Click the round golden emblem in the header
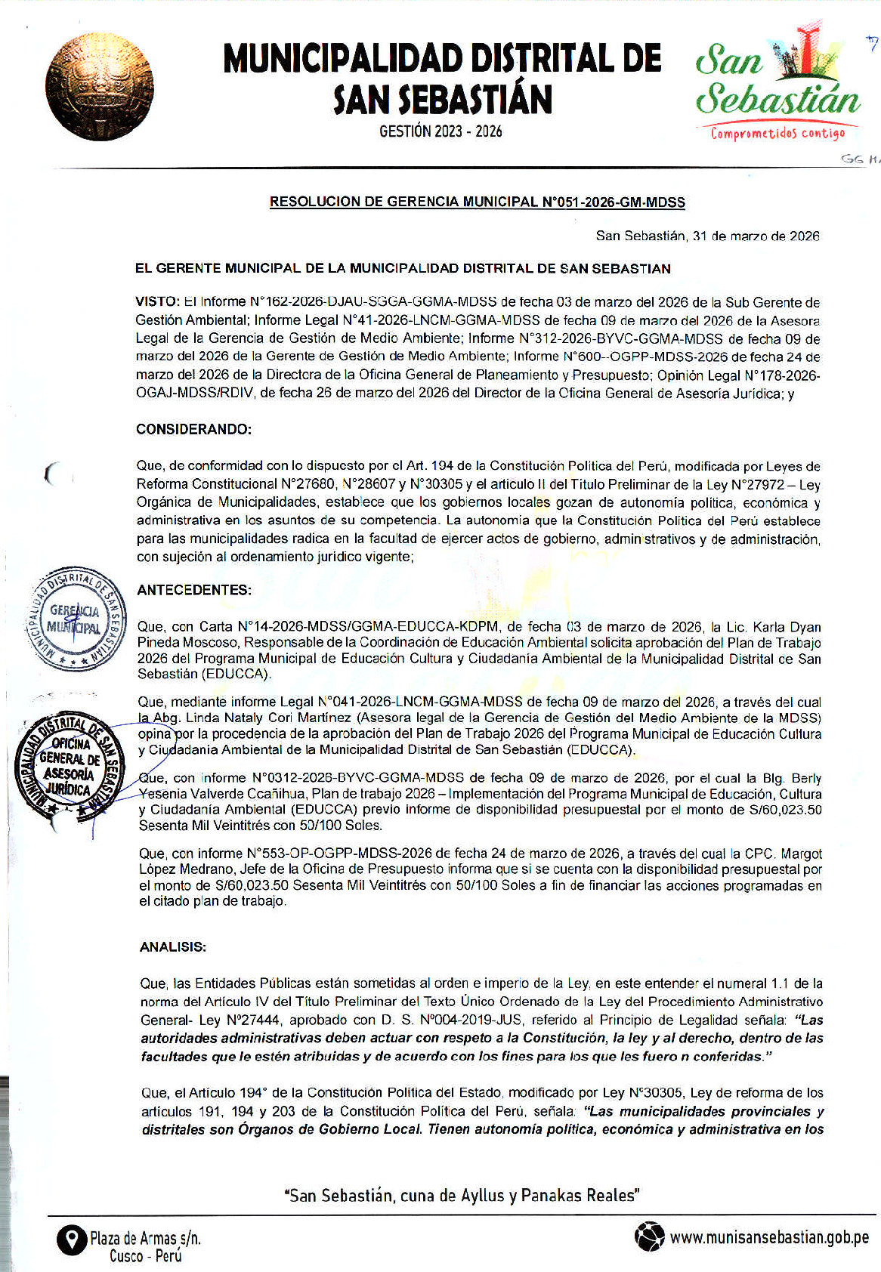click(x=99, y=87)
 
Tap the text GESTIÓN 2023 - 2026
click(x=440, y=131)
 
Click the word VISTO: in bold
click(x=158, y=302)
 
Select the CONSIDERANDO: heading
click(x=193, y=429)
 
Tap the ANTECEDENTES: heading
click(x=194, y=590)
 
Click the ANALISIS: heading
click(x=173, y=947)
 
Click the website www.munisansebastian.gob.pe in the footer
click(x=769, y=1237)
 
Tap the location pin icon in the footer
click(x=72, y=1240)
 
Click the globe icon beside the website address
click(x=649, y=1236)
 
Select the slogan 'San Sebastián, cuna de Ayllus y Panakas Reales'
click(x=462, y=1195)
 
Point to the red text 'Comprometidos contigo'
click(x=777, y=134)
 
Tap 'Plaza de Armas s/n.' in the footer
click(x=145, y=1238)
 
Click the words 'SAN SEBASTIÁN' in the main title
click(x=443, y=99)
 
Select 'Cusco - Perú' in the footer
click(x=145, y=1256)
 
